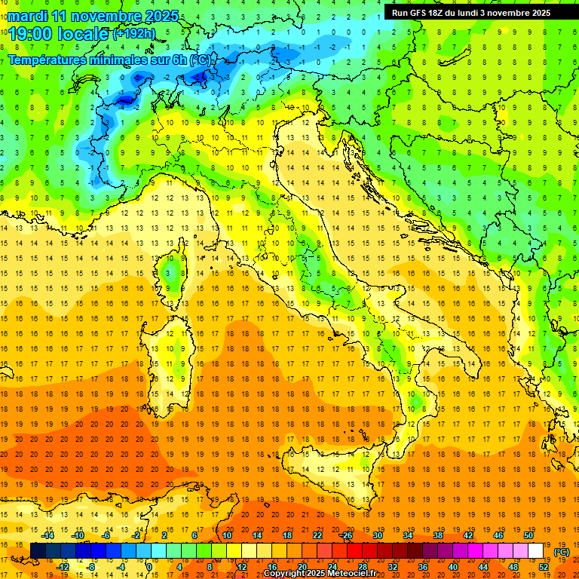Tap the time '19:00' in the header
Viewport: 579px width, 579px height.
tap(35, 33)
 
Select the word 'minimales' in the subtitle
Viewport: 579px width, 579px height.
tap(134, 60)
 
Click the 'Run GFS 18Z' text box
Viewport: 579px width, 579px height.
tap(471, 13)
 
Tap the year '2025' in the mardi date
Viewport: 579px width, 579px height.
tap(160, 16)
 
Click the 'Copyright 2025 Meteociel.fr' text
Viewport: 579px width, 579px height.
tap(320, 574)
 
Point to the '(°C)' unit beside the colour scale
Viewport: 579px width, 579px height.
tap(562, 551)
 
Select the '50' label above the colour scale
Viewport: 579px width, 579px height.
tap(528, 535)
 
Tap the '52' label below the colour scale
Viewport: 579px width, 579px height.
tap(544, 567)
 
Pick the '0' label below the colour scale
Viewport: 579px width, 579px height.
tap(149, 567)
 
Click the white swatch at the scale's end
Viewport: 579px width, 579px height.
tap(536, 551)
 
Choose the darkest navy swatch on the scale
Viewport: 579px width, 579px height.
tap(38, 551)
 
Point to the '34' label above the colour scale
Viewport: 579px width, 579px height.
tap(408, 535)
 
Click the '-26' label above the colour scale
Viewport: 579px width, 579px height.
tap(346, 535)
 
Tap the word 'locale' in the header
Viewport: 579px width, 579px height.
tap(83, 33)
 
